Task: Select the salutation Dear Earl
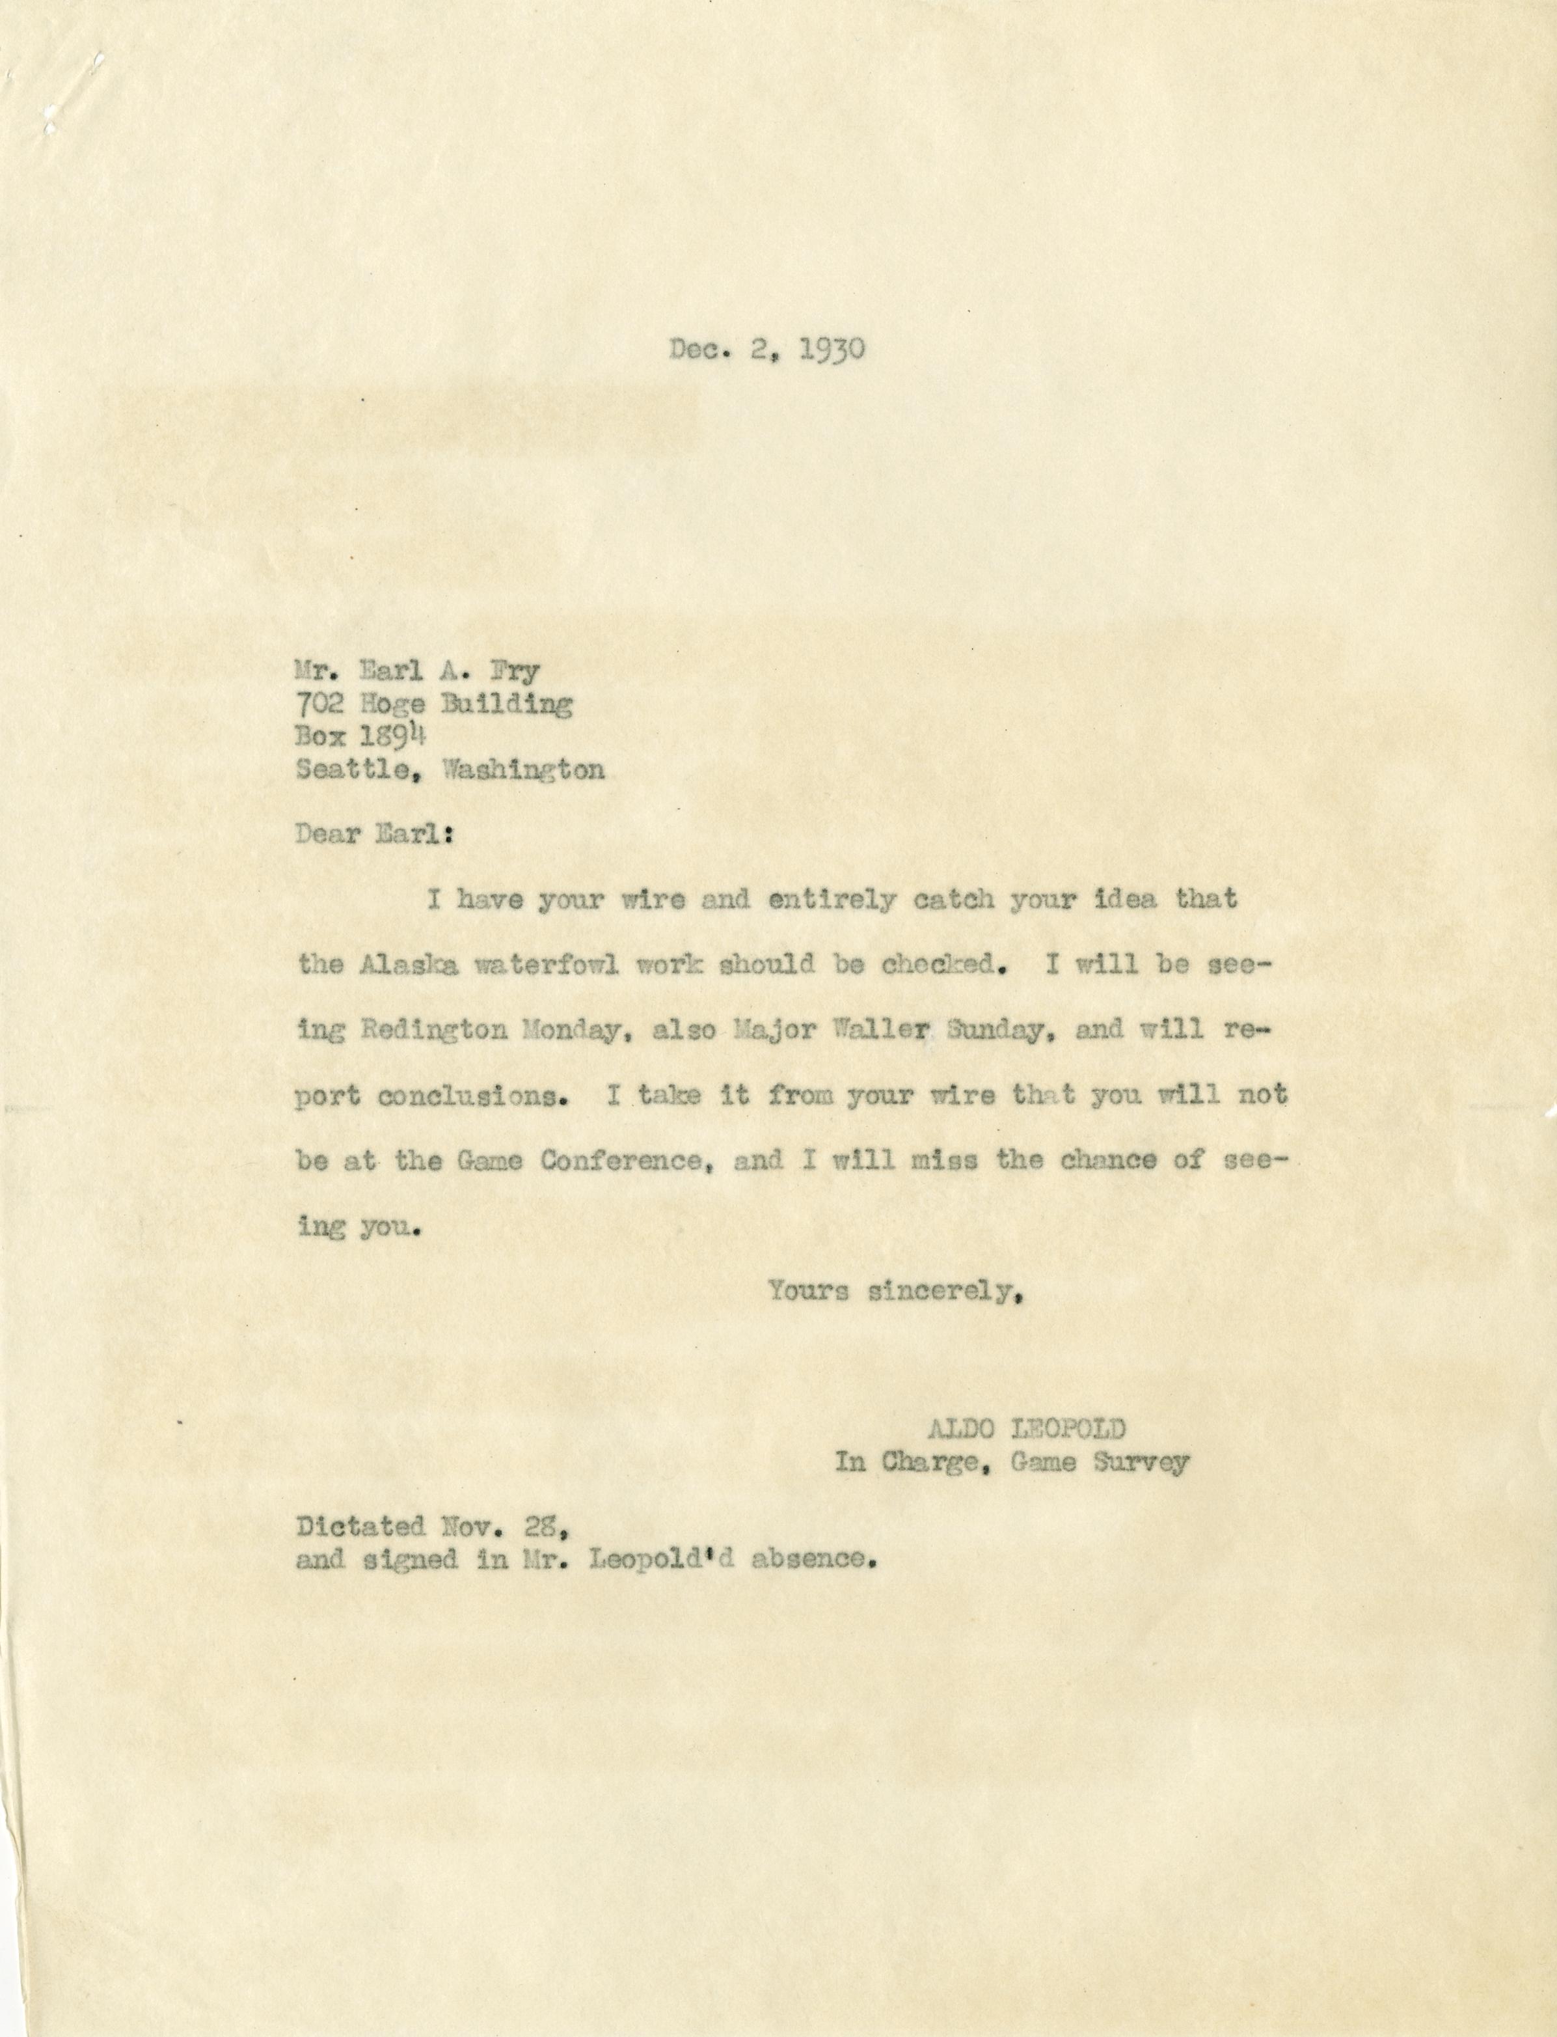pyautogui.click(x=373, y=833)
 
